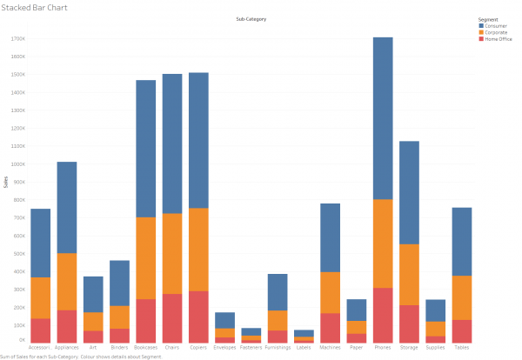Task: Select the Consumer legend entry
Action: click(495, 26)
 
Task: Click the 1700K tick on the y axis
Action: click(17, 39)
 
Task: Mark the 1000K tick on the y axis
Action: click(17, 164)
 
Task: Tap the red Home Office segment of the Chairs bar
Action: click(172, 318)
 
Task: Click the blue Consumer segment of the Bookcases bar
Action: click(145, 149)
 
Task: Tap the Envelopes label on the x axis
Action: click(224, 348)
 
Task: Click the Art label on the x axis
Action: click(93, 348)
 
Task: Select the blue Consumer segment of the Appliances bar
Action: click(67, 208)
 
